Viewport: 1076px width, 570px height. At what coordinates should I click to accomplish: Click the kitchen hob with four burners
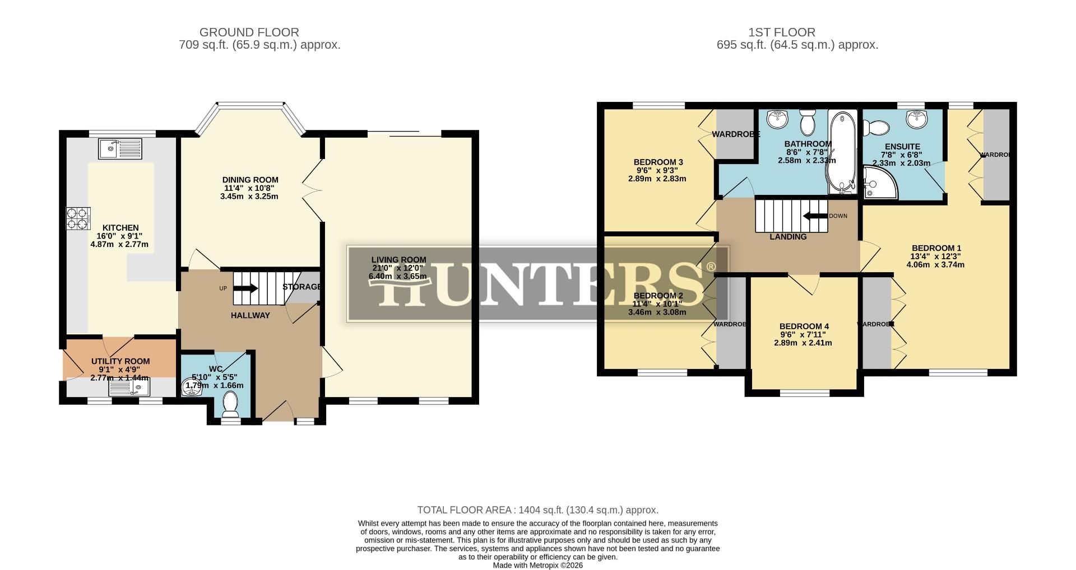point(78,218)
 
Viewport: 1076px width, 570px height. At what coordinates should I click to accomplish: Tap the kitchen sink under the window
point(120,149)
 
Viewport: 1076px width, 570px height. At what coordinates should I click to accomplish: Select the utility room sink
point(129,387)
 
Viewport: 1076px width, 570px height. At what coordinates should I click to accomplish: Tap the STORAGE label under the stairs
point(302,287)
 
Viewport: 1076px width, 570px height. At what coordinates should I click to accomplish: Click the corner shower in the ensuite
point(876,183)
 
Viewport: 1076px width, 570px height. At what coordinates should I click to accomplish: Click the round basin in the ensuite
point(917,119)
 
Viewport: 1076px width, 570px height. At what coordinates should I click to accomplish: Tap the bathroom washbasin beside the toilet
point(777,119)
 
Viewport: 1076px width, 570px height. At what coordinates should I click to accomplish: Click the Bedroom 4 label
point(804,326)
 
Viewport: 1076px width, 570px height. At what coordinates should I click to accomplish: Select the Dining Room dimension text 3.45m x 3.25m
point(249,197)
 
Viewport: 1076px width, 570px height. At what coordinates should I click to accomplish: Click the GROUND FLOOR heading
point(249,32)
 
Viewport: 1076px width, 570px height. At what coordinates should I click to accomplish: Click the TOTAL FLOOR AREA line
point(537,510)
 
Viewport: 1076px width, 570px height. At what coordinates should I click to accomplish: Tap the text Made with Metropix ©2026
point(537,565)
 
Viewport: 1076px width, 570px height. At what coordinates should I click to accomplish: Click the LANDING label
point(788,237)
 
